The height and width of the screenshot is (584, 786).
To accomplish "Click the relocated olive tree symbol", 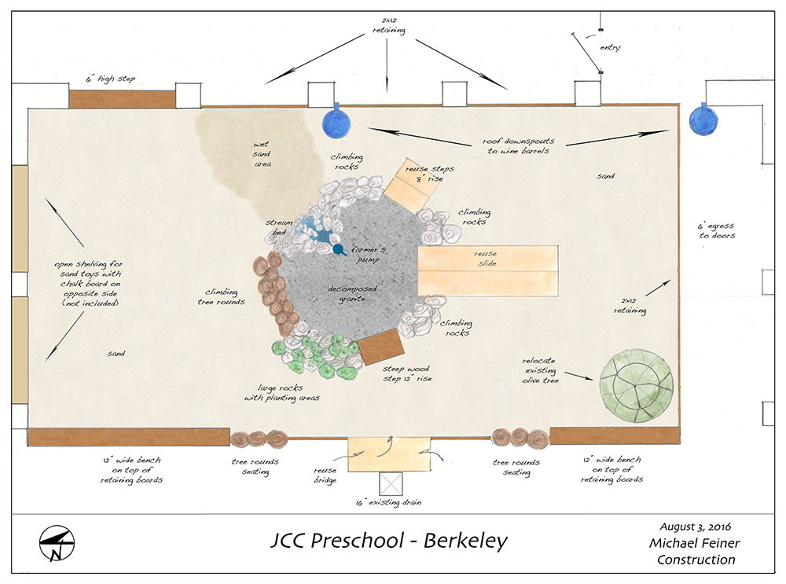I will (637, 387).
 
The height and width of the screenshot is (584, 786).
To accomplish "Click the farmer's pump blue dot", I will (339, 250).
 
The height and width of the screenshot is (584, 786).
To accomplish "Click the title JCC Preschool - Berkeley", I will (389, 541).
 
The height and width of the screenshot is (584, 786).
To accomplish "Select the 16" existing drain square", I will (391, 483).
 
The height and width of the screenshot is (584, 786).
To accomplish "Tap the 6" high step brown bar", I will (122, 99).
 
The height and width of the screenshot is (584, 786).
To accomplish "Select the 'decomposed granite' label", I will (352, 294).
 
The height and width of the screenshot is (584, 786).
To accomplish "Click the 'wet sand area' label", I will (261, 156).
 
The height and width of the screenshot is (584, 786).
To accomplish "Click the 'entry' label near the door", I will (610, 48).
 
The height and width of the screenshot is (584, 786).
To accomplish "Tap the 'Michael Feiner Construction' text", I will (696, 552).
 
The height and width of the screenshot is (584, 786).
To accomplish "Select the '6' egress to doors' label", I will (715, 231).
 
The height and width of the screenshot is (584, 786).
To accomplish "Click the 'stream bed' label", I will (279, 228).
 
